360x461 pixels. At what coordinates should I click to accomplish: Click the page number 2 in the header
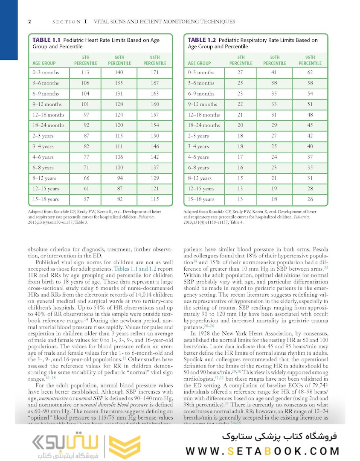tap(29, 21)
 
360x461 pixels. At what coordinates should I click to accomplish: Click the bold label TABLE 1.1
tap(46, 40)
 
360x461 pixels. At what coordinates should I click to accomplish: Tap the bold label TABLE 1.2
tap(202, 40)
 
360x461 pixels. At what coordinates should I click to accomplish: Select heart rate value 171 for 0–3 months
tap(154, 73)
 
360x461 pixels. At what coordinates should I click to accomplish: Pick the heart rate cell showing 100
tap(119, 168)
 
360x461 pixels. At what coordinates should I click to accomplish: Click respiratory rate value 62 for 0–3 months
tap(310, 73)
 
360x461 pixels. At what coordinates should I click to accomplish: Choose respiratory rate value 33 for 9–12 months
tap(274, 104)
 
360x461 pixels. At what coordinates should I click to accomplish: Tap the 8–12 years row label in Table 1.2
tap(200, 178)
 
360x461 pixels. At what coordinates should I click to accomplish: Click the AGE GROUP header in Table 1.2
tap(199, 63)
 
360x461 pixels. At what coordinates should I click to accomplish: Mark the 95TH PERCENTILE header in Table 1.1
tap(154, 60)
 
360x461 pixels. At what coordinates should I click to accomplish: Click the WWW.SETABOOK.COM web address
tap(263, 451)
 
